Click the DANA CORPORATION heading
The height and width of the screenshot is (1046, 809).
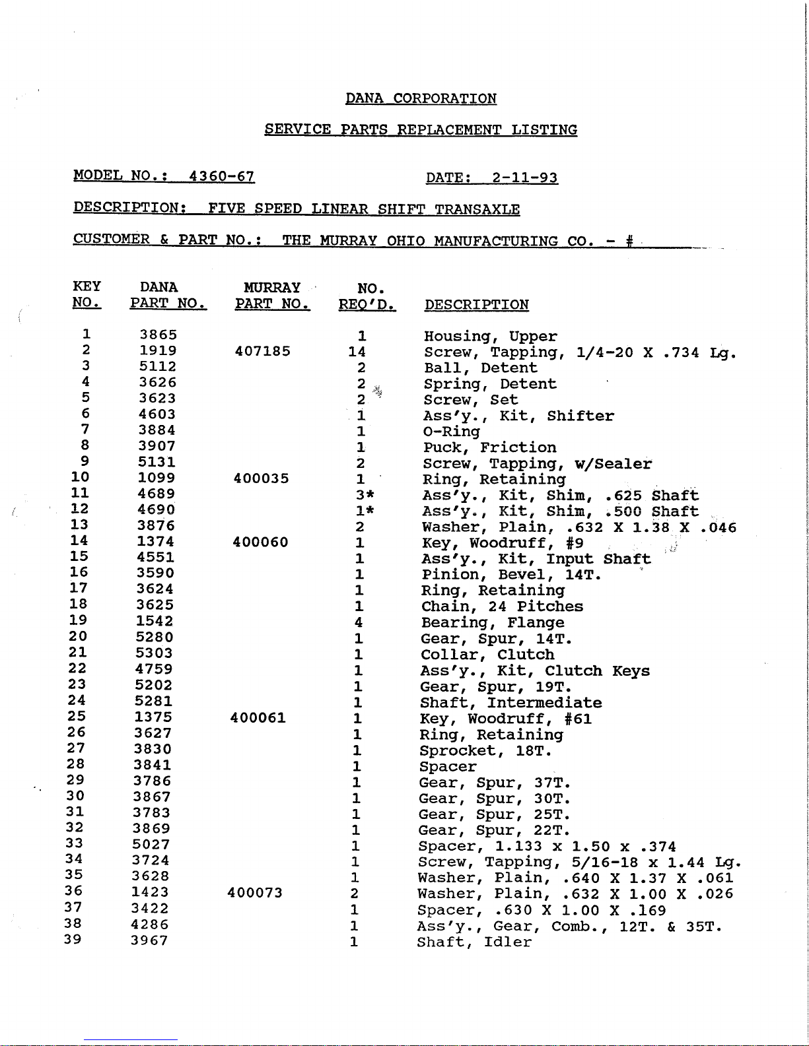(x=421, y=99)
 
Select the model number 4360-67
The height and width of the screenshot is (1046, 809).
(x=221, y=177)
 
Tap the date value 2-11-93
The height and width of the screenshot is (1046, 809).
(x=525, y=178)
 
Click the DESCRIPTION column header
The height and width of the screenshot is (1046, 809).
(x=476, y=305)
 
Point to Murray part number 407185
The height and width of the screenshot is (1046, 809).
(x=262, y=351)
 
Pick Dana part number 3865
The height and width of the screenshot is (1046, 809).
(x=158, y=335)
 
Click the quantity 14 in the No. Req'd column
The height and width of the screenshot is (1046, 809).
(x=357, y=352)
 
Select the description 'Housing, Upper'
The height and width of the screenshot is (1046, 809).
(x=490, y=337)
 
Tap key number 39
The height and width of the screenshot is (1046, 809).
(x=73, y=939)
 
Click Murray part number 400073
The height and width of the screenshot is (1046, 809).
(x=254, y=893)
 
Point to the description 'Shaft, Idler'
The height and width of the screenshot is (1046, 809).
(x=474, y=942)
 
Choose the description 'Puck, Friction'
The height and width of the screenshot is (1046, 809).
(x=489, y=448)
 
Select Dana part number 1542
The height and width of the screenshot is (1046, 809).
(x=155, y=621)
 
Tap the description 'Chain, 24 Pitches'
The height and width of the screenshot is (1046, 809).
(x=502, y=606)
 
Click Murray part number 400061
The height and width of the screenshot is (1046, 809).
(x=258, y=717)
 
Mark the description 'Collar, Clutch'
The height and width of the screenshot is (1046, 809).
(x=487, y=655)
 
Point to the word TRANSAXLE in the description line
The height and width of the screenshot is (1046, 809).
(x=477, y=210)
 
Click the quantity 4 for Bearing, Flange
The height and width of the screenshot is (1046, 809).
(x=359, y=622)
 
